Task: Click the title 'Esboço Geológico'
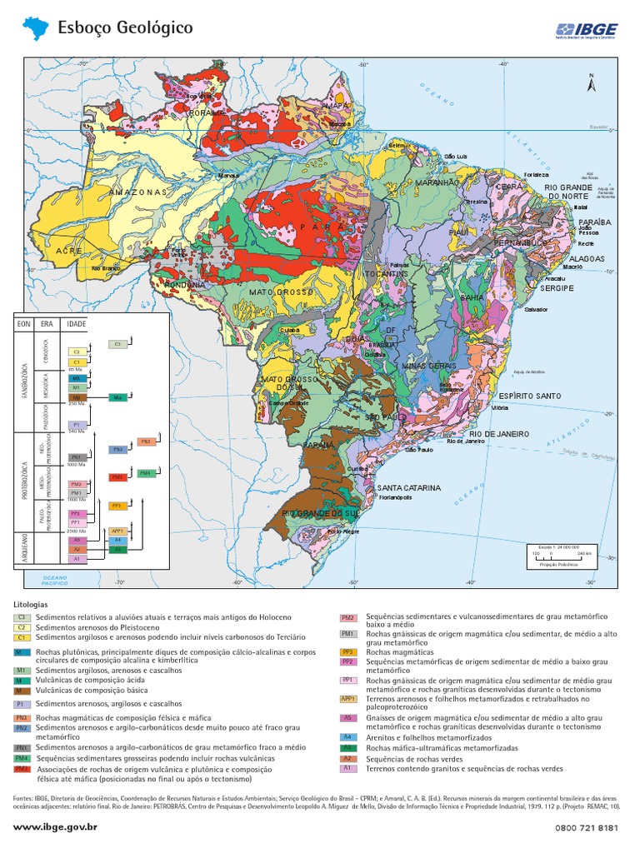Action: point(125,28)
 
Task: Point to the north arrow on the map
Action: point(591,82)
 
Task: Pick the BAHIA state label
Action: point(472,297)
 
